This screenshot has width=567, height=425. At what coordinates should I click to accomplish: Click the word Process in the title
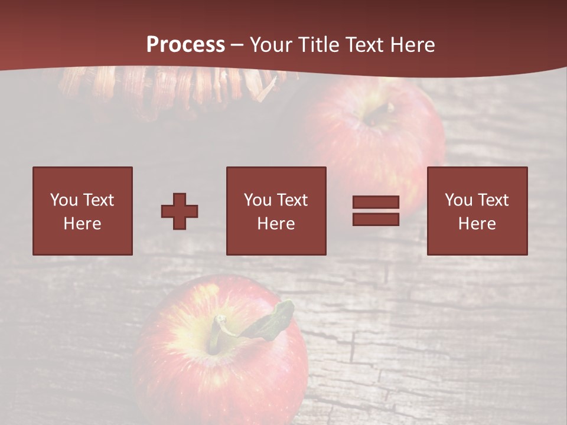point(185,44)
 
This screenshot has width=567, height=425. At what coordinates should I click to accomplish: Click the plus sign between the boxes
point(180,211)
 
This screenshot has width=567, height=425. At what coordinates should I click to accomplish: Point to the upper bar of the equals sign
point(376,202)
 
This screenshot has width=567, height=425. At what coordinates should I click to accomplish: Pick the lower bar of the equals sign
point(376,219)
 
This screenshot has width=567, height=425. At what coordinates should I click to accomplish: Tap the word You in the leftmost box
point(63,200)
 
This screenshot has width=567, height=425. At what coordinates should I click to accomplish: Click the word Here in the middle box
point(276,224)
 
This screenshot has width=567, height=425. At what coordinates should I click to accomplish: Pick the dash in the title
point(237,45)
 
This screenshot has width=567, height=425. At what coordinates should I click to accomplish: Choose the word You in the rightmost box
point(458,200)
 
